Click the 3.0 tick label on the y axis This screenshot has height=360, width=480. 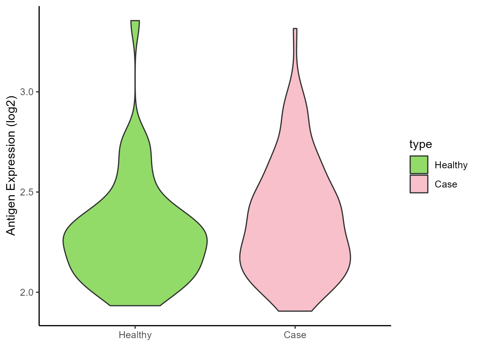(26, 92)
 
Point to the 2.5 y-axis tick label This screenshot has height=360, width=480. (26, 192)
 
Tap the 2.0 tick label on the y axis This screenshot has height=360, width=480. (26, 293)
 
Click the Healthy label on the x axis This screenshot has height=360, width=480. (135, 335)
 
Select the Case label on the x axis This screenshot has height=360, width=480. (295, 335)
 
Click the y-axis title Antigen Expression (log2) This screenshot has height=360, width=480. (11, 165)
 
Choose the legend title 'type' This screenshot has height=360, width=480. (421, 144)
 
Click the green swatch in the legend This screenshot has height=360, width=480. (419, 165)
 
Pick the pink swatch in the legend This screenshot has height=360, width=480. (419, 184)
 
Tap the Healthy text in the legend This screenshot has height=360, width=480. (451, 165)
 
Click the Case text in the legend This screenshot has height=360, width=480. (446, 184)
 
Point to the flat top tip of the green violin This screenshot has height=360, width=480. (135, 21)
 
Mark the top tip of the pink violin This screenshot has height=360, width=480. (295, 29)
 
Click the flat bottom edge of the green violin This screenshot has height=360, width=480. (135, 306)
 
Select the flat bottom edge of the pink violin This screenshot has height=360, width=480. (295, 311)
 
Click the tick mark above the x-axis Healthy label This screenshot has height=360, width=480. (135, 327)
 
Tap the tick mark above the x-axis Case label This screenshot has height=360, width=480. (295, 327)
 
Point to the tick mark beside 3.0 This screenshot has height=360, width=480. (37, 92)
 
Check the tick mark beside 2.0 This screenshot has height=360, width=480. (37, 292)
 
